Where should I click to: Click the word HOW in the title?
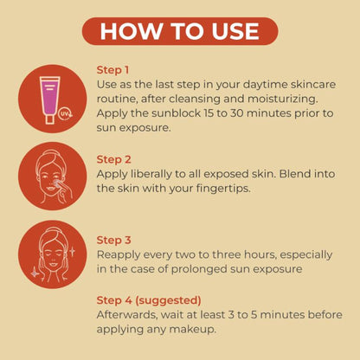pos(131,31)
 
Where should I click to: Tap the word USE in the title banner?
pos(235,31)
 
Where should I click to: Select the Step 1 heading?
pos(112,70)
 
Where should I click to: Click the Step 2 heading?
pos(114,159)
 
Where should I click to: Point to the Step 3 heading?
pos(114,241)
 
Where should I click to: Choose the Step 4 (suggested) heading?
pos(149,300)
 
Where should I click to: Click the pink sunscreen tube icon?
pos(50,100)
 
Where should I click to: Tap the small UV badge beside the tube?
pos(65,113)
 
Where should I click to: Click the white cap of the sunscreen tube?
pos(49,119)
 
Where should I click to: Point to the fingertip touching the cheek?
pos(58,183)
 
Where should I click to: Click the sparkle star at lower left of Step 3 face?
pos(35,273)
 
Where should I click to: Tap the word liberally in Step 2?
pos(151,174)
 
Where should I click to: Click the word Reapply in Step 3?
pos(119,255)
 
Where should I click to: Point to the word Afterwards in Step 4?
pos(127,315)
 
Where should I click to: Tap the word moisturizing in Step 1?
pos(283,100)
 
